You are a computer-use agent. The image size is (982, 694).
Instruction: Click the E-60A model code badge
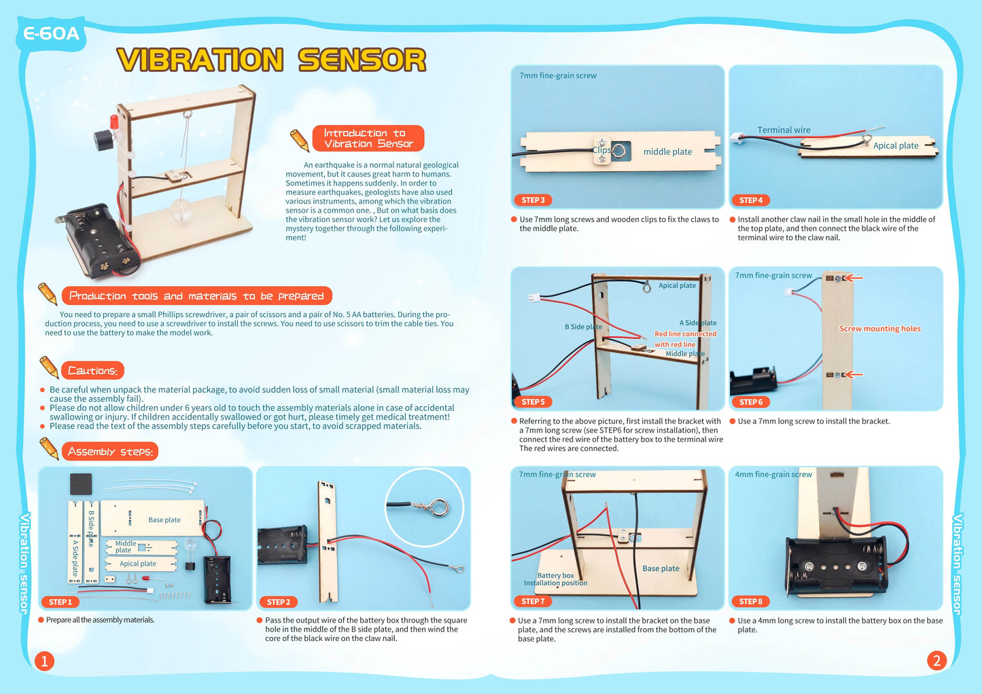click(x=51, y=33)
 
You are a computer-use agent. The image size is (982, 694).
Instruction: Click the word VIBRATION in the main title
click(x=200, y=60)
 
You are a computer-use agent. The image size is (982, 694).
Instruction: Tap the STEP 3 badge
click(x=533, y=200)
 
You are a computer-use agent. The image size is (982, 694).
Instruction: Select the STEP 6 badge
click(x=751, y=402)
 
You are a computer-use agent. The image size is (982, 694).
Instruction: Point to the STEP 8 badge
click(x=751, y=602)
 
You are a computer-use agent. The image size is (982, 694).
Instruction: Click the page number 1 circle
click(x=44, y=661)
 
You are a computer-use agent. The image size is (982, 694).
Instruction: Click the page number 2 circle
click(x=936, y=661)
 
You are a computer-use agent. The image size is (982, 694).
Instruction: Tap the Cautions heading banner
click(x=92, y=371)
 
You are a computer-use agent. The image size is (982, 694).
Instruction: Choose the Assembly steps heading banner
click(x=110, y=452)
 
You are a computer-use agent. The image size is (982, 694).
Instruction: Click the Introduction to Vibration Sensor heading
click(x=368, y=139)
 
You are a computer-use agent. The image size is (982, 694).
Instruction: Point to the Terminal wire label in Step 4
click(x=784, y=130)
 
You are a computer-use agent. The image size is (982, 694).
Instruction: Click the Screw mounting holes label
click(x=879, y=329)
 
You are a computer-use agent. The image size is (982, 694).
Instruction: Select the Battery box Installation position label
click(x=555, y=579)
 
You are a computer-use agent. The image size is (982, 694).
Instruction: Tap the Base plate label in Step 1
click(x=164, y=520)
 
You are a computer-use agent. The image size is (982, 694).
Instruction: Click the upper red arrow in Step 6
click(x=854, y=278)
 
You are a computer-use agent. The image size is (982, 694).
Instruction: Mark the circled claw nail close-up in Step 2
click(x=424, y=508)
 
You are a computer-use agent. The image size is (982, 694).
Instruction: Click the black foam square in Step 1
click(x=81, y=484)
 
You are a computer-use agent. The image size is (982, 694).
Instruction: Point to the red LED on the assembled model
click(x=114, y=123)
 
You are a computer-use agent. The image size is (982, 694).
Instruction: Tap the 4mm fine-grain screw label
click(x=773, y=475)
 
